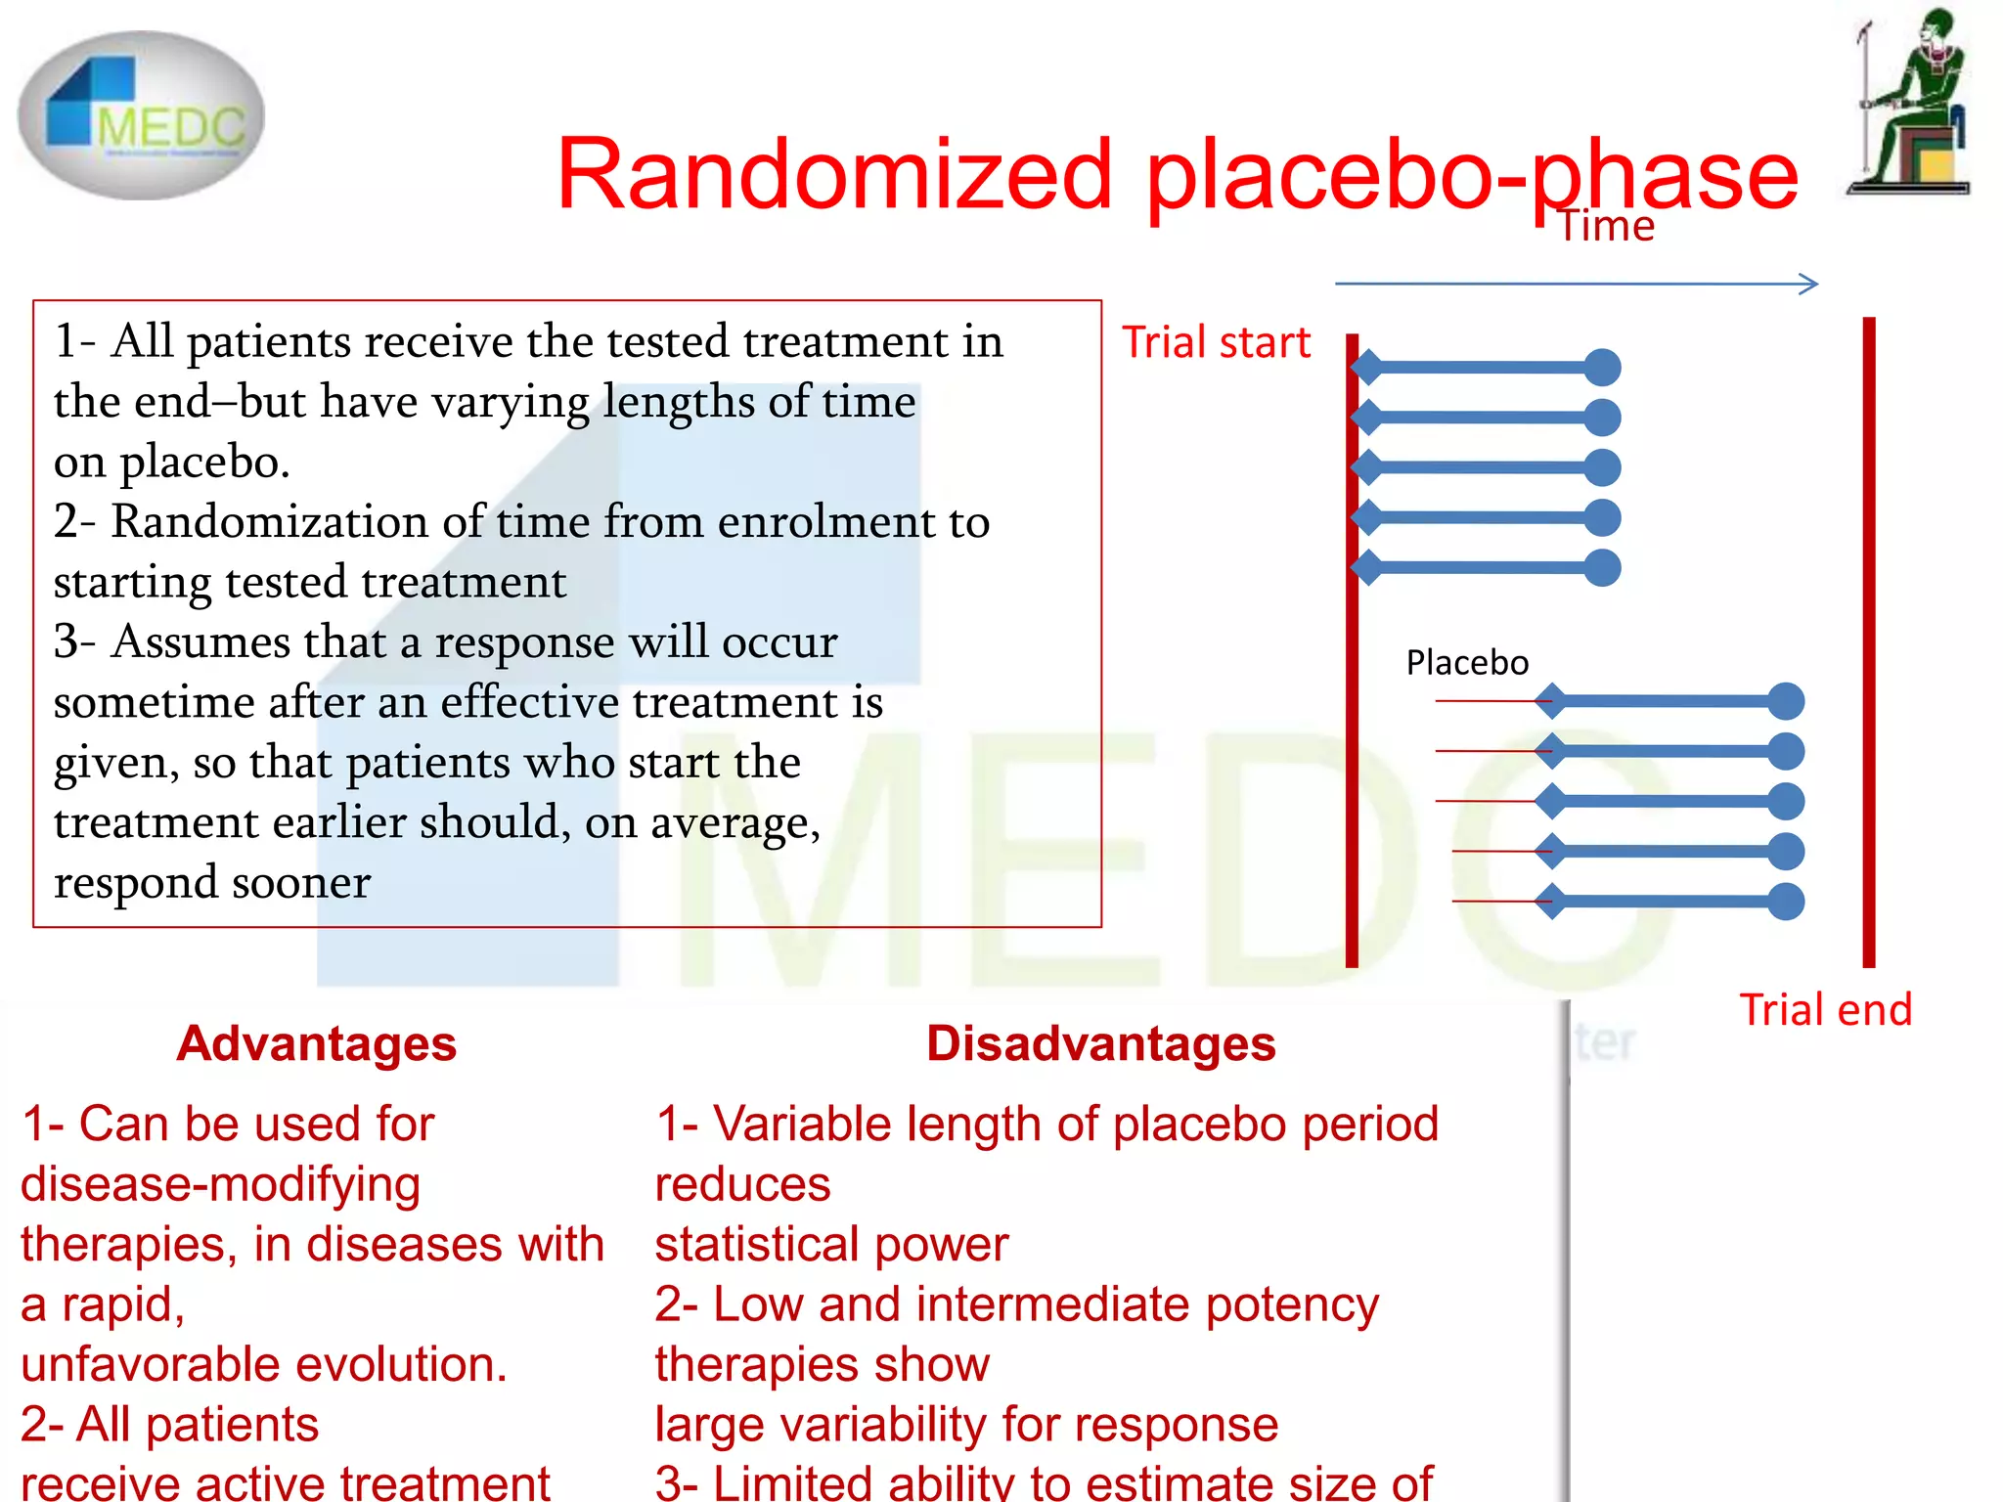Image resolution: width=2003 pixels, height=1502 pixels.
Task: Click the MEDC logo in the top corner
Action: click(x=142, y=115)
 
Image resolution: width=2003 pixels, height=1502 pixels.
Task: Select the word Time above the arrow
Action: click(x=1605, y=226)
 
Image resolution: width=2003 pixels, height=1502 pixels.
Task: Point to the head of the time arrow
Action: click(x=1811, y=285)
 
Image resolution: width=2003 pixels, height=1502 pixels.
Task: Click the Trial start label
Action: click(x=1215, y=343)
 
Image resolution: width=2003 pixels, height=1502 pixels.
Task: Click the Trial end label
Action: click(x=1825, y=1010)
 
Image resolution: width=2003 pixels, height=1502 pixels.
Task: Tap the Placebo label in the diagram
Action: click(x=1466, y=663)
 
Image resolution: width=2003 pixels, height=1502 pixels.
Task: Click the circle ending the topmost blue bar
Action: click(x=1602, y=368)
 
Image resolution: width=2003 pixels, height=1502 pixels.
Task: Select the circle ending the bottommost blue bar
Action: click(x=1786, y=902)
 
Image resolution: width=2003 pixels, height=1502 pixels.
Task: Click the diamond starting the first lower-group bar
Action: click(x=1551, y=701)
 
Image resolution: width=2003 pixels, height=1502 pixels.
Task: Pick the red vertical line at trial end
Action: click(x=1869, y=641)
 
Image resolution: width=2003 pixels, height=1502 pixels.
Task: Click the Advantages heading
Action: click(x=316, y=1043)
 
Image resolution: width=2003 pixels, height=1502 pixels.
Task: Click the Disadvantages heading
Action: click(x=1100, y=1043)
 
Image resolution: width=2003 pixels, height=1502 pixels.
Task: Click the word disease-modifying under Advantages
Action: click(x=220, y=1184)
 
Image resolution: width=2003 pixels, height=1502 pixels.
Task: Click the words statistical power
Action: click(x=831, y=1245)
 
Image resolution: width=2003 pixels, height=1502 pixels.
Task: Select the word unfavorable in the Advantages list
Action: click(x=146, y=1365)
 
